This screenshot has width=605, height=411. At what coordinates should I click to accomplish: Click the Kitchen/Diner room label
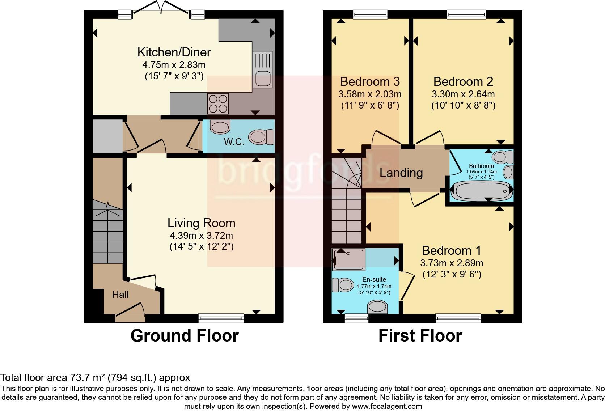[x=174, y=52]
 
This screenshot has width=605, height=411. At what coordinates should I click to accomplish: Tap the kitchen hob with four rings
[x=218, y=103]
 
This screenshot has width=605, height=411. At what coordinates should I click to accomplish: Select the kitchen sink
[x=262, y=69]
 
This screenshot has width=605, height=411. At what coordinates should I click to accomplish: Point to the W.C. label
[x=234, y=142]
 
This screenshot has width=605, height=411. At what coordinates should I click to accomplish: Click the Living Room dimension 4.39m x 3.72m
[x=201, y=236]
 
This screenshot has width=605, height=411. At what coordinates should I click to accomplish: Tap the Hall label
[x=120, y=295]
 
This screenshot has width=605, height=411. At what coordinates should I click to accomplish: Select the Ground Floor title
[x=185, y=336]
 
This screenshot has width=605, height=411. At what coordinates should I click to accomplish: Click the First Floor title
[x=420, y=336]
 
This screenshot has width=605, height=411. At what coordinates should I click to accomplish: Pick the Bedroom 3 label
[x=370, y=81]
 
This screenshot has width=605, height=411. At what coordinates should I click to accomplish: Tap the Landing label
[x=401, y=173]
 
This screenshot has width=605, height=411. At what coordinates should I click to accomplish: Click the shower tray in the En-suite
[x=348, y=259]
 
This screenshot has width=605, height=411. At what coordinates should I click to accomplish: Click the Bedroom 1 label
[x=452, y=250]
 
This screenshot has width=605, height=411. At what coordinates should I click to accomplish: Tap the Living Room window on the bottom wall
[x=221, y=318]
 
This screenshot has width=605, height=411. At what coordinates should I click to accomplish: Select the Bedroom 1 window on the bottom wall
[x=458, y=318]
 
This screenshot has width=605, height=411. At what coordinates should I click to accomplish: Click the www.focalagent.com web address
[x=386, y=406]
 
